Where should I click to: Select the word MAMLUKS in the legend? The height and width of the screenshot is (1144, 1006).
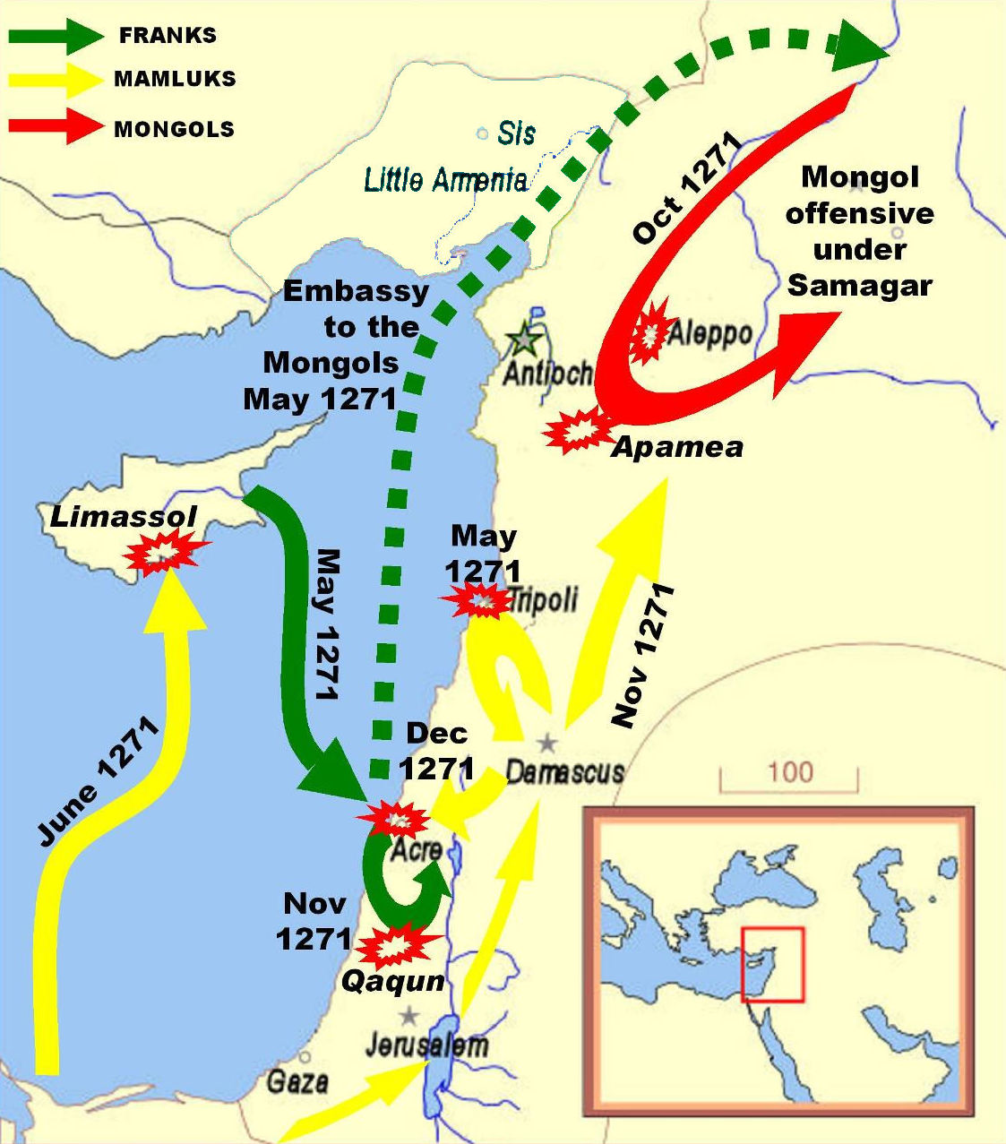[x=175, y=79]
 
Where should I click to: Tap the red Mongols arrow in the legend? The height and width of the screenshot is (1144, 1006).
[x=56, y=126]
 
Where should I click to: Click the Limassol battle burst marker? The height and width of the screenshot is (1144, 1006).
[x=162, y=555]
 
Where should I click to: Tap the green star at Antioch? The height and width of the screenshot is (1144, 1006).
[x=521, y=340]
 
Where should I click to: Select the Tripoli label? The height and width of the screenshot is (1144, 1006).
[x=543, y=599]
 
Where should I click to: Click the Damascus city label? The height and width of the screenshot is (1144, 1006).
[x=564, y=771]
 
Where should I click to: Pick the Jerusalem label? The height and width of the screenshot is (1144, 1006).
[x=427, y=1045]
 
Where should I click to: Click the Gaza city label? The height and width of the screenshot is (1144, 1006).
[x=297, y=1081]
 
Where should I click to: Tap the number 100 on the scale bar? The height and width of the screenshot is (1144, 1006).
[x=789, y=771]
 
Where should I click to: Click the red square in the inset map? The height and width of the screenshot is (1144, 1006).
[x=772, y=964]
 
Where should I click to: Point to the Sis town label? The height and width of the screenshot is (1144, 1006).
[x=516, y=133]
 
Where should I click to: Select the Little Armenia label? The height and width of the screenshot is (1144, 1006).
[x=445, y=180]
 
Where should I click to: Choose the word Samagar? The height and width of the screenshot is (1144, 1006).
[x=860, y=285]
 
